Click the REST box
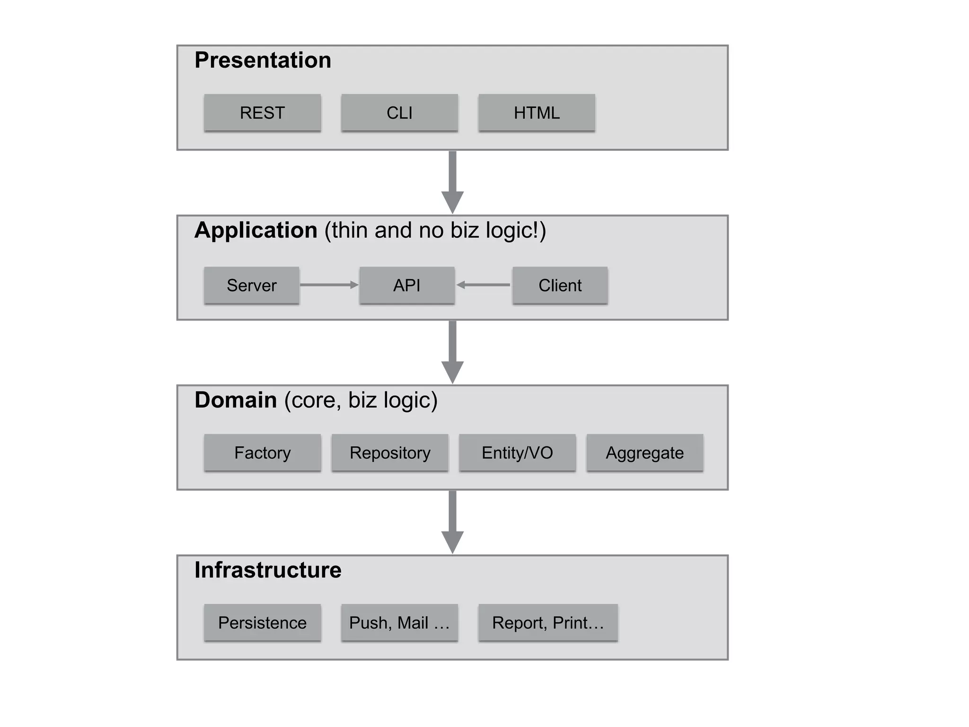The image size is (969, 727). [262, 113]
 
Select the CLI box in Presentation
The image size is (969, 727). [399, 113]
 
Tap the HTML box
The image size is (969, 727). [537, 113]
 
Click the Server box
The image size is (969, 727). [251, 285]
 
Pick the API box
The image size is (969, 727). [407, 285]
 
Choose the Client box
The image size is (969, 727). [560, 285]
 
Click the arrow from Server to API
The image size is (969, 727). [329, 285]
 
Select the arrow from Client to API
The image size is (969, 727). [484, 285]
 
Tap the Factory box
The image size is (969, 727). [262, 453]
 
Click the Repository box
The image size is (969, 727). [390, 453]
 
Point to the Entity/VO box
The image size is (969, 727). [517, 453]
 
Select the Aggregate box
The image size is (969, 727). [644, 453]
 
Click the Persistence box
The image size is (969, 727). [262, 623]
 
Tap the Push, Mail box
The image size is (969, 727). [399, 623]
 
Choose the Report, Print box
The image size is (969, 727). [548, 623]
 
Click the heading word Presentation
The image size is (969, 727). [263, 60]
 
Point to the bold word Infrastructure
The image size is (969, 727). [268, 570]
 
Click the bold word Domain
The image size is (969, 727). [236, 400]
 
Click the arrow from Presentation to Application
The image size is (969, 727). [452, 182]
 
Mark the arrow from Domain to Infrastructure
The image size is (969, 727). [452, 522]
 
